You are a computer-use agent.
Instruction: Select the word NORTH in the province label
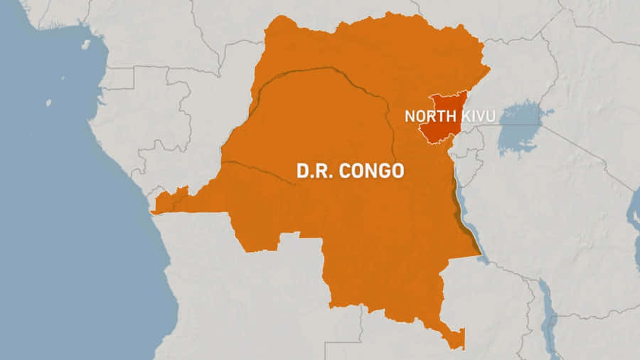427,116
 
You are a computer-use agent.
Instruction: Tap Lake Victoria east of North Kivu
523,128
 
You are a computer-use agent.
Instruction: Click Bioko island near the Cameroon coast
86,44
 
